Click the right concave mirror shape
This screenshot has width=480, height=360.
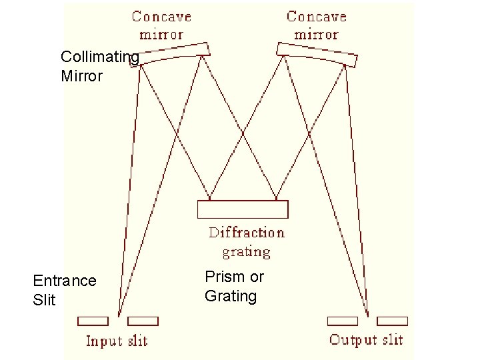point(317,54)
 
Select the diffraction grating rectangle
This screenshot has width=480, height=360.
point(243,209)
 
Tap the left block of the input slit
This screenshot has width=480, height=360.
point(93,321)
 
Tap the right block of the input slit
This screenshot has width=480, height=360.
point(143,321)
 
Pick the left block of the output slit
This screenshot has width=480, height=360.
point(342,321)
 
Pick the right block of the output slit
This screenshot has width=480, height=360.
point(392,321)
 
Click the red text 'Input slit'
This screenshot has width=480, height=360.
point(117,341)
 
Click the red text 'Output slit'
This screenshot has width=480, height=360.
point(366,340)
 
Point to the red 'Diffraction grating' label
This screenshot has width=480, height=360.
point(246,242)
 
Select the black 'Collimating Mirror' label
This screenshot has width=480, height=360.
point(100,67)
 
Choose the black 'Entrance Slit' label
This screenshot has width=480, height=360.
point(65,290)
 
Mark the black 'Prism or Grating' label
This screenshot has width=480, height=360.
point(234,286)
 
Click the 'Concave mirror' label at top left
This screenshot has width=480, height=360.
point(161,25)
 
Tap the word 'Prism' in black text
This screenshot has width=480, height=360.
point(221,277)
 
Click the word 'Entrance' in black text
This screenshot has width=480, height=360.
point(65,281)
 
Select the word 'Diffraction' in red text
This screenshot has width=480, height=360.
point(246,233)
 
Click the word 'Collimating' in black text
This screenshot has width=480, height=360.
point(100,57)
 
